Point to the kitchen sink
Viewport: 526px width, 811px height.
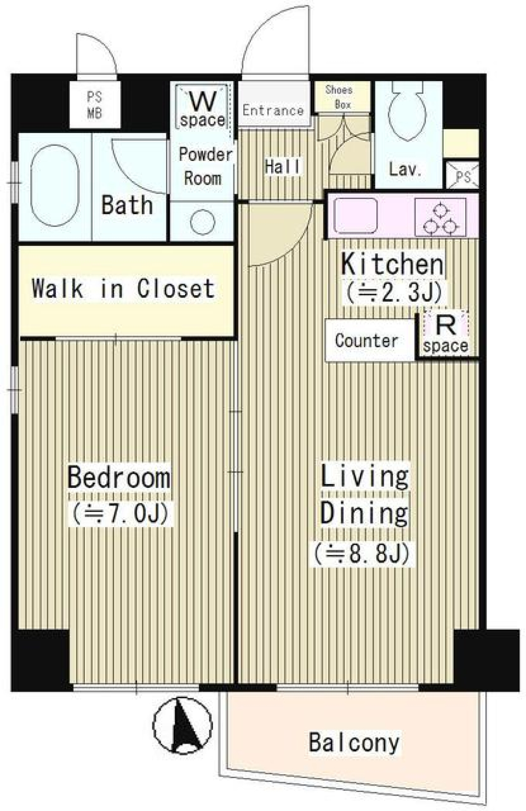356,216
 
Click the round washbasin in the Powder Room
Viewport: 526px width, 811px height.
202,222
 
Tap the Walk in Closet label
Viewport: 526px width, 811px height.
123,288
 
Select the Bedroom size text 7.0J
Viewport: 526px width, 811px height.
119,513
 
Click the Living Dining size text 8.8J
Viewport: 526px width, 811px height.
362,554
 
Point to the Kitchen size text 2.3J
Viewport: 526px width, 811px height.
393,292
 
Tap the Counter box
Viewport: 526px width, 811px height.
368,340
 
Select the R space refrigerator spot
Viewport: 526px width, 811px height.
446,335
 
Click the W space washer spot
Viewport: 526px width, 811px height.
202,108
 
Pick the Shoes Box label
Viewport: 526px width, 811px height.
339,96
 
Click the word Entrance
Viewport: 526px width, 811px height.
273,110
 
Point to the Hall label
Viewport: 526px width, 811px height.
283,166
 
